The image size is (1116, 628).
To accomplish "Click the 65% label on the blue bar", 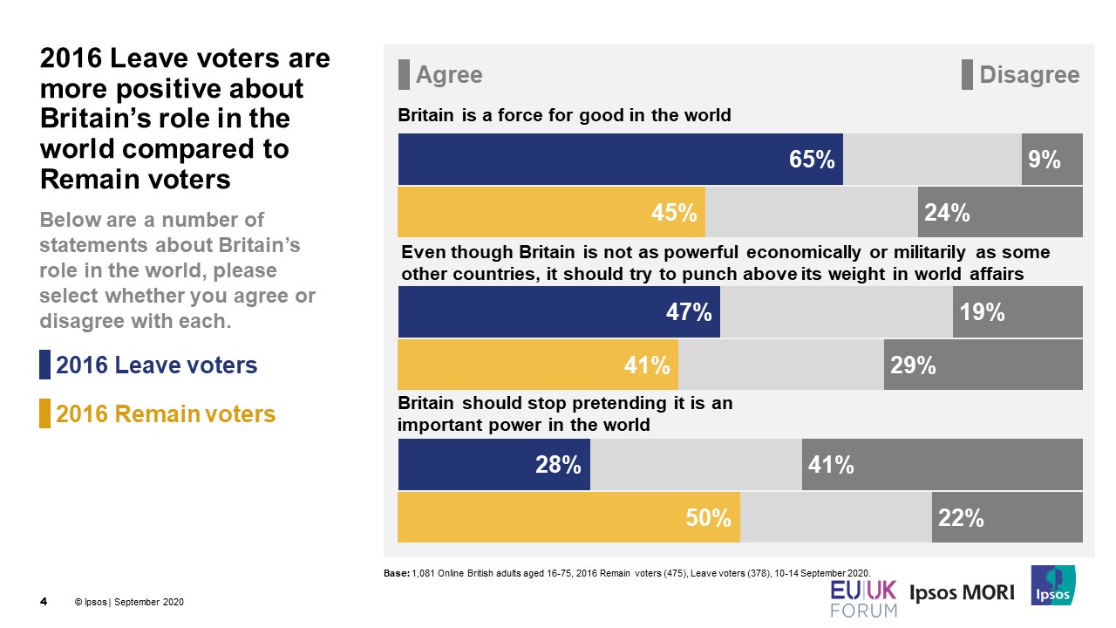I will pos(812,160).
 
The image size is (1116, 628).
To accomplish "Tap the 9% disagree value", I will pos(1044,160).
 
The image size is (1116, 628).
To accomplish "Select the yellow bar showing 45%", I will pos(551,212).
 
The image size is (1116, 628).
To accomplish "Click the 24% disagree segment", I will pos(1000,212).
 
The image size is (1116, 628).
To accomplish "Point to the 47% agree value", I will pos(690,312).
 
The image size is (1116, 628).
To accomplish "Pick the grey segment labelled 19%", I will pos(1017,312).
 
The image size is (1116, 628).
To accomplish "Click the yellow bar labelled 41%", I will pos(538,365).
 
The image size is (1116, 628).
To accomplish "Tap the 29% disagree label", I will pos(913,365).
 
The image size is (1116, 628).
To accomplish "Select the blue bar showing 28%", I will pos(494,465).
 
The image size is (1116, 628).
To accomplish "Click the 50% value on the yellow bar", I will pos(708,518).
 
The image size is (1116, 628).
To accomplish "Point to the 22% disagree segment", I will pos(1007,518).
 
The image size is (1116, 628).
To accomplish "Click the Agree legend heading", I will pos(448,75).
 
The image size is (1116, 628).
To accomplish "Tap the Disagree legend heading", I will pos(1029,75).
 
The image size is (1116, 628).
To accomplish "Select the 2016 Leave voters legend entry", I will pos(156,365).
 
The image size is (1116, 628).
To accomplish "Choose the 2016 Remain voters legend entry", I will pos(165,413).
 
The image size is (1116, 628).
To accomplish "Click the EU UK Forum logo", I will pos(862,597).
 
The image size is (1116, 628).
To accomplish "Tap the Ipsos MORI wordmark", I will pos(963,593).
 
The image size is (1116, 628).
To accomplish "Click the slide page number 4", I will pos(44,602).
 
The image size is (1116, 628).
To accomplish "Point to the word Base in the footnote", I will pos(396,572).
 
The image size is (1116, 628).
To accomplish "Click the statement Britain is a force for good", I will pos(564,115).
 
